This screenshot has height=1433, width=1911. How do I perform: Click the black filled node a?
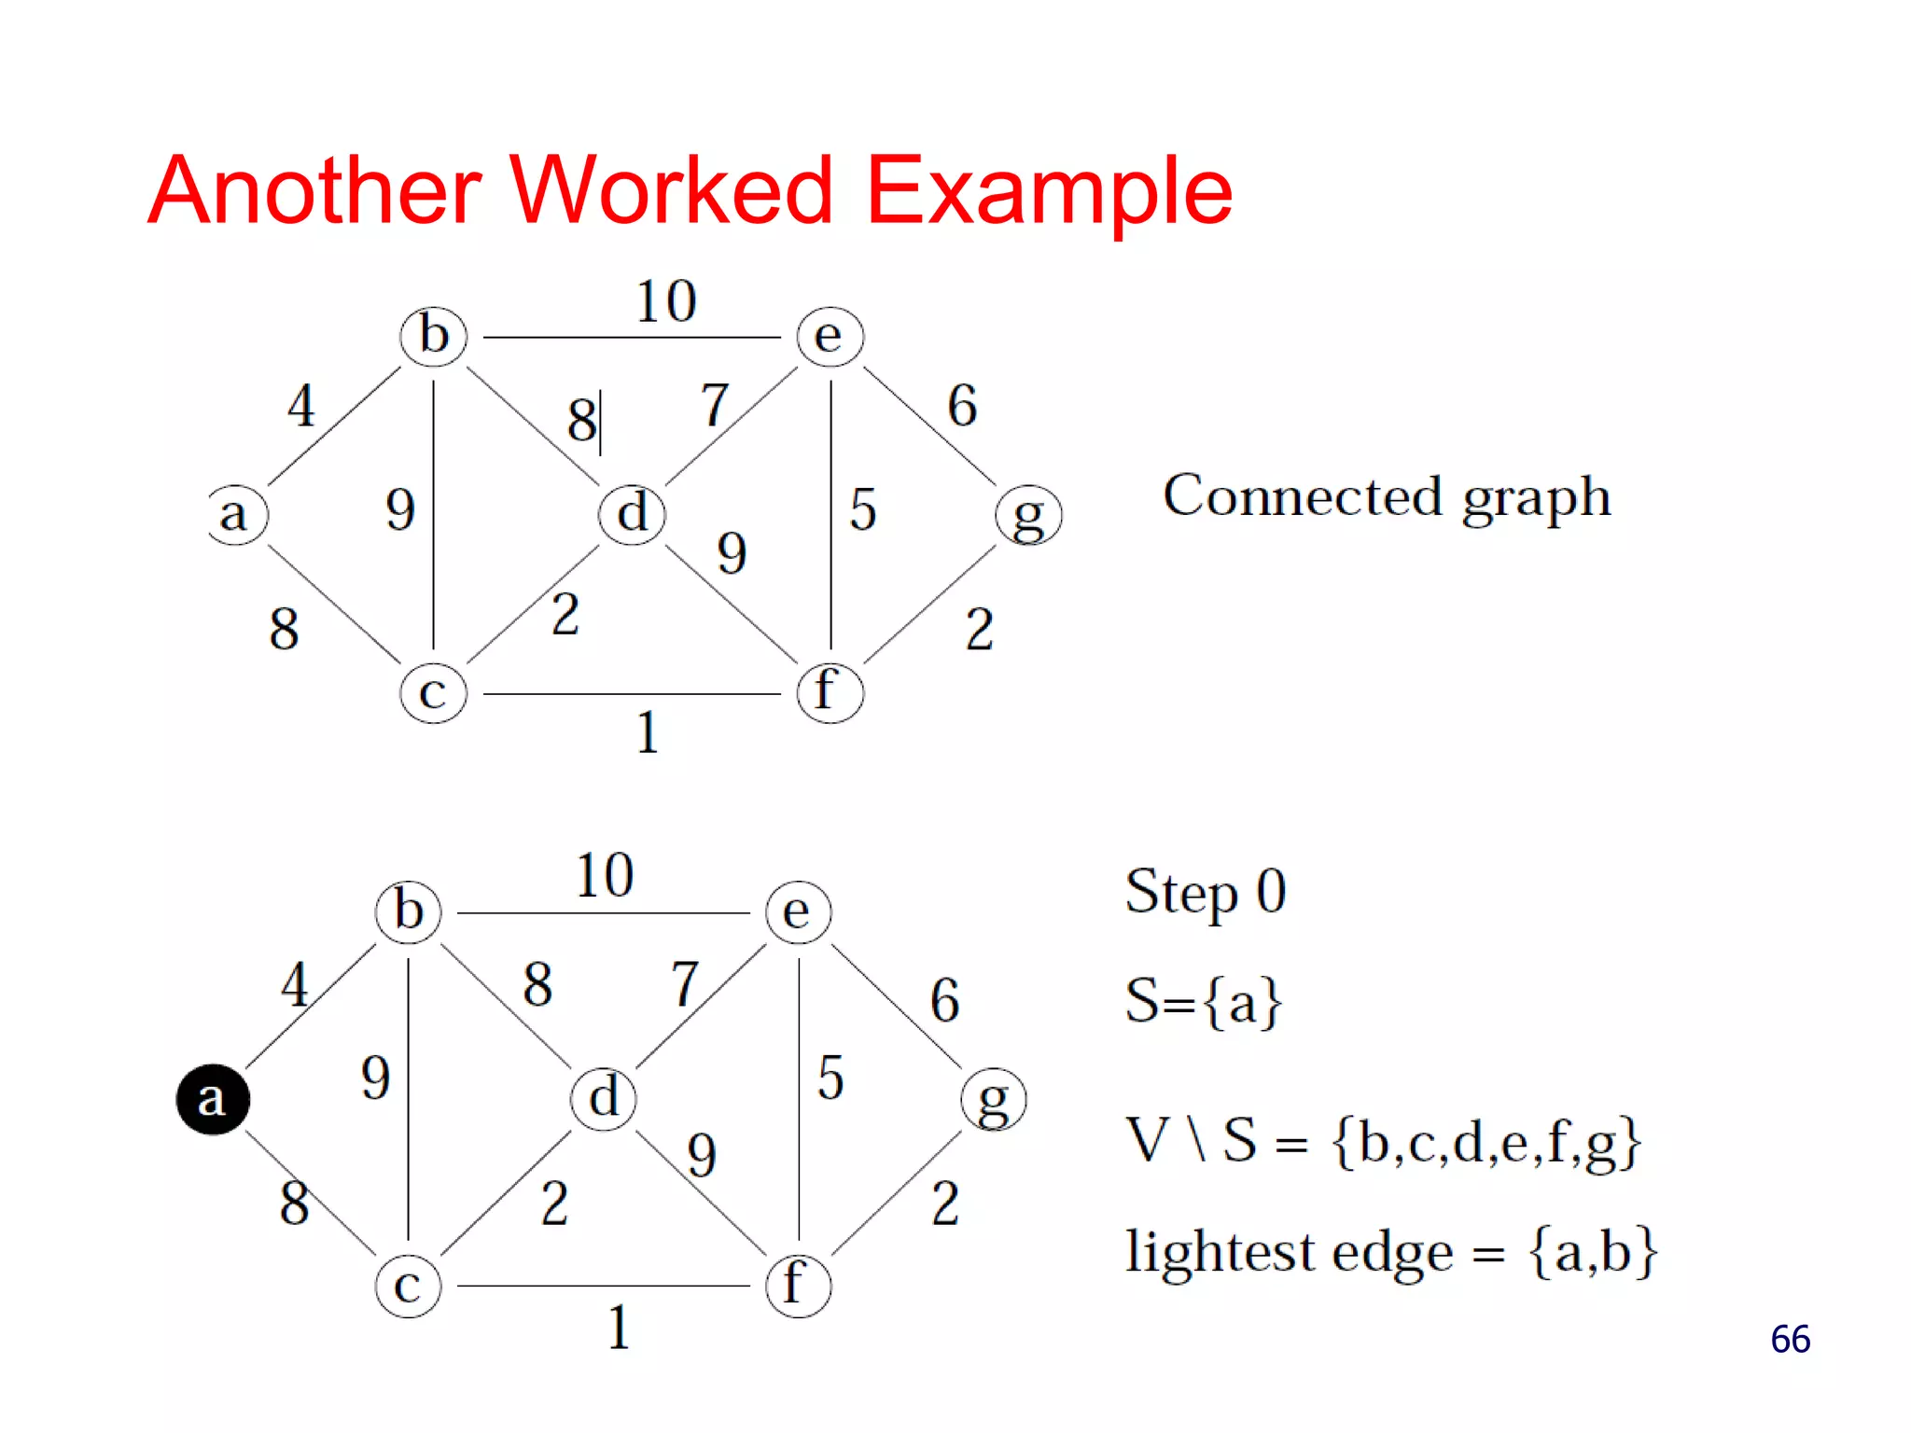click(213, 1099)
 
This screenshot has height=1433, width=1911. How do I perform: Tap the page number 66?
click(1790, 1340)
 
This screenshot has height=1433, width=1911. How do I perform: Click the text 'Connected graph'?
click(1387, 497)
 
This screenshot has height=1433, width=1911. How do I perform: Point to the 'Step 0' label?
click(1206, 892)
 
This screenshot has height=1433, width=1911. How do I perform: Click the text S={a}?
click(1204, 1001)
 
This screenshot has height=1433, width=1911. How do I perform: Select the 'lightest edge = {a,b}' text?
click(1390, 1252)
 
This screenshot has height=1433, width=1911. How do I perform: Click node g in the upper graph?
click(1028, 515)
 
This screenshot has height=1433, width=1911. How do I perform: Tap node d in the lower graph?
click(604, 1098)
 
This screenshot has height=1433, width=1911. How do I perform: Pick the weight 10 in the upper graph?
click(666, 301)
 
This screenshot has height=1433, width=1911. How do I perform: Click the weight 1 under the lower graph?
click(619, 1328)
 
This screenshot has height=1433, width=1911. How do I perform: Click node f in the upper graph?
click(830, 692)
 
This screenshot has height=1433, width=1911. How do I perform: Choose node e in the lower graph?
click(798, 912)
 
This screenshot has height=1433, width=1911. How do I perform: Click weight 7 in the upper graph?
click(714, 405)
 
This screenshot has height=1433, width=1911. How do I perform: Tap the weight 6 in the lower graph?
click(944, 1000)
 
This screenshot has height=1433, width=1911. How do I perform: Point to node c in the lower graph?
click(408, 1286)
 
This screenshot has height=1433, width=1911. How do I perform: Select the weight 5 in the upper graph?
click(862, 509)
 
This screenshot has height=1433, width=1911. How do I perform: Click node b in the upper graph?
click(433, 336)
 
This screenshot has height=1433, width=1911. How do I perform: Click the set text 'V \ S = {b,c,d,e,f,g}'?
click(1383, 1141)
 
